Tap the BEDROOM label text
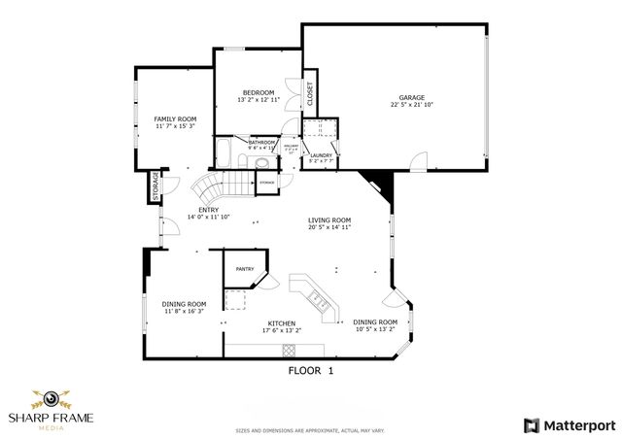[x=258, y=92]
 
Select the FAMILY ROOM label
[x=175, y=118]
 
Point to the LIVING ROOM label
[x=329, y=220]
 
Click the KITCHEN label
[x=282, y=322]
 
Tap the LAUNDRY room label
[x=322, y=155]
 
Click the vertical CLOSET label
[x=310, y=93]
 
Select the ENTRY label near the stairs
[x=208, y=210]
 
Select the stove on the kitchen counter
[x=289, y=348]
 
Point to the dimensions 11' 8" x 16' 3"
[x=185, y=311]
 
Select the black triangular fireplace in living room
[x=375, y=183]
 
